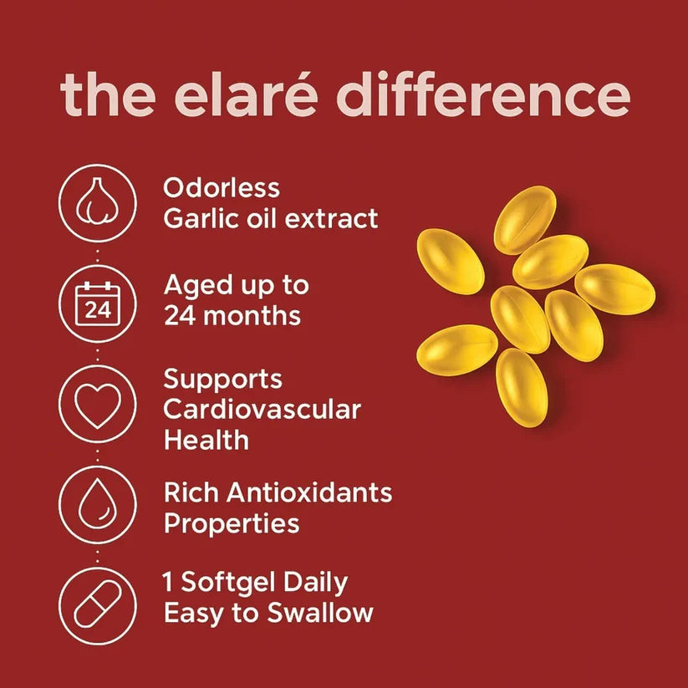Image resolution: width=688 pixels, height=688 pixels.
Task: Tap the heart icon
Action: coord(99,406)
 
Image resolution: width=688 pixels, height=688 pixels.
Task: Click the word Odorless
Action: coord(222,187)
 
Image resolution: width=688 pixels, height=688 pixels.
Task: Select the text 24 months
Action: coord(232,316)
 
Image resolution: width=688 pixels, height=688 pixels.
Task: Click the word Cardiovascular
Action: coord(262,410)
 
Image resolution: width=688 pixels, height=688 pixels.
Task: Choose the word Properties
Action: coord(232,524)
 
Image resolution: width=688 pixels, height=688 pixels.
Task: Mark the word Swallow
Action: coord(320,613)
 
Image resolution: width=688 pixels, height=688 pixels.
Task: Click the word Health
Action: coord(206,440)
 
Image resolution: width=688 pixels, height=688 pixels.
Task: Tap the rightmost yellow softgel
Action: coord(614,289)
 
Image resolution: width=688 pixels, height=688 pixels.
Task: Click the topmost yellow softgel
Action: coord(525,220)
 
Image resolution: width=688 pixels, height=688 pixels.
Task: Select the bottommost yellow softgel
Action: coord(521,387)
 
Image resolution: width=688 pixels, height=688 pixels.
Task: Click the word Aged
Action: coord(197,285)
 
